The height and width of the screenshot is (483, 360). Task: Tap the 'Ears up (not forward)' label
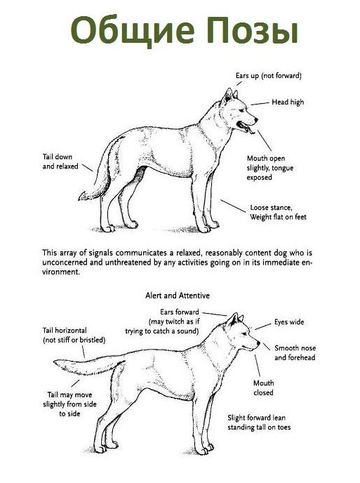click(x=268, y=76)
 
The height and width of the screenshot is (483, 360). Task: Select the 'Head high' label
click(x=288, y=102)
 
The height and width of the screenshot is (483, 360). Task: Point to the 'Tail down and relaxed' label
click(x=60, y=161)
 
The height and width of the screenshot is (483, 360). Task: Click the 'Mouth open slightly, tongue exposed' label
click(x=269, y=168)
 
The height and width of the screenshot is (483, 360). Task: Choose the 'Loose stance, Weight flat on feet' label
click(x=278, y=212)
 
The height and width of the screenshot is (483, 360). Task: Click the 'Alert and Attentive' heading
click(x=178, y=296)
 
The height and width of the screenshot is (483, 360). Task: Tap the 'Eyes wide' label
click(x=289, y=322)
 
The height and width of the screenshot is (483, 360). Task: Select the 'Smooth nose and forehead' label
click(x=295, y=352)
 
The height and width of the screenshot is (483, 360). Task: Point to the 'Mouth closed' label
click(x=263, y=388)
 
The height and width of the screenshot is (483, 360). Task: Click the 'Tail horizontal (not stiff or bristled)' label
click(x=74, y=335)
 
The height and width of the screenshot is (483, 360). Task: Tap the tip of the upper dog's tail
click(x=79, y=198)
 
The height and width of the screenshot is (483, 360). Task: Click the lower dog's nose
click(x=258, y=343)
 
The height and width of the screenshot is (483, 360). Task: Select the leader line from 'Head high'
click(x=260, y=103)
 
